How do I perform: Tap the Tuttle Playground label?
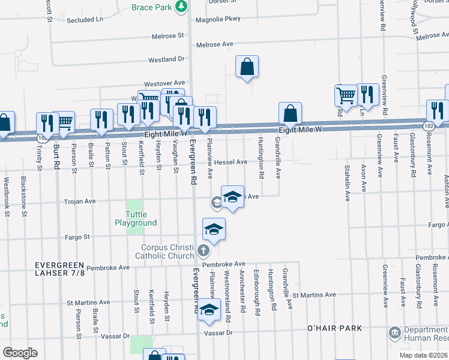coord(136,218)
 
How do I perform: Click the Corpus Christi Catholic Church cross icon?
coord(203,250)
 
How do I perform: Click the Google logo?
coord(20,352)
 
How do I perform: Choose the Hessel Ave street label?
coord(231,162)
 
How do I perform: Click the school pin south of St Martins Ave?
coord(209,310)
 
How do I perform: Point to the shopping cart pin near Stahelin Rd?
coord(346,95)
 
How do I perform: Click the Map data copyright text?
coord(424,355)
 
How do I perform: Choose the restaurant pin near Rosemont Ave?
coord(437,111)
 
